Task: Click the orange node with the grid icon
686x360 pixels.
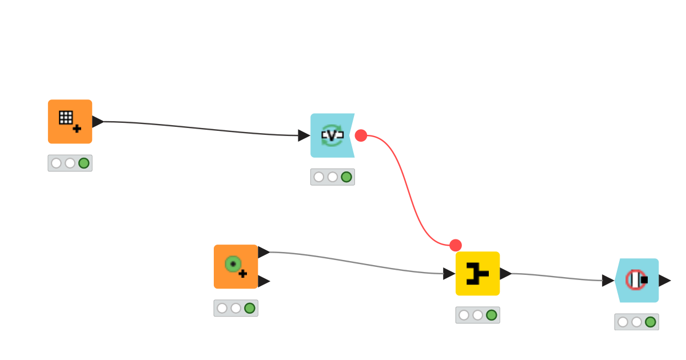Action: click(x=70, y=122)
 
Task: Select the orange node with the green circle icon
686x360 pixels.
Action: click(x=236, y=267)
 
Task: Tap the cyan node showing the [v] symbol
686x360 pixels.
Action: click(x=332, y=135)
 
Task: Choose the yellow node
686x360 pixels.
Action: click(x=477, y=274)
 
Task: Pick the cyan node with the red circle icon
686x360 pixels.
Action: click(x=637, y=281)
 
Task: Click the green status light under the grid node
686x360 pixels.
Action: click(x=83, y=163)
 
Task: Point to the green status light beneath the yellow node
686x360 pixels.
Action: click(x=491, y=315)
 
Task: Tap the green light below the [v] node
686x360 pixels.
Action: click(x=346, y=177)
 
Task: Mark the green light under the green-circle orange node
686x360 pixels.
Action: click(x=249, y=309)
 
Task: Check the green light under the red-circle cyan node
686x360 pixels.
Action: click(x=650, y=322)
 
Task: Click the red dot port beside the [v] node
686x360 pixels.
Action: click(x=361, y=135)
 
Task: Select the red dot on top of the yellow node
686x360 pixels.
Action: click(x=456, y=245)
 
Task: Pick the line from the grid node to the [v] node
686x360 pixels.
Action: click(x=200, y=128)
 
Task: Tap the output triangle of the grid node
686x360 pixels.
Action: click(x=97, y=122)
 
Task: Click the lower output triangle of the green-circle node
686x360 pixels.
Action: click(x=264, y=281)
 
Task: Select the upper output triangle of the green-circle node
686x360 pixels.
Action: click(x=264, y=252)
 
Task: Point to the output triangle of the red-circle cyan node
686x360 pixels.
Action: click(x=664, y=281)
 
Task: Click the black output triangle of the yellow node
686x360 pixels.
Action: click(x=505, y=274)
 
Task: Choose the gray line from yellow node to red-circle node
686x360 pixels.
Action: click(x=555, y=277)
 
